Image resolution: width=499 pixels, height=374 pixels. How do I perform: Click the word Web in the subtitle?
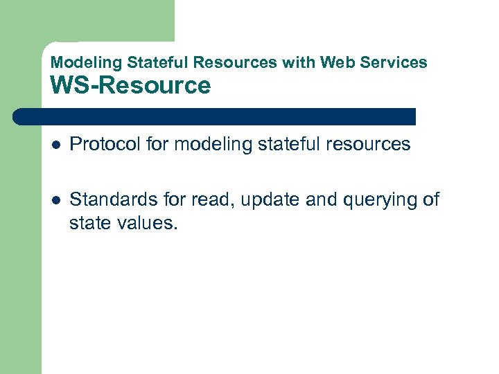(x=334, y=62)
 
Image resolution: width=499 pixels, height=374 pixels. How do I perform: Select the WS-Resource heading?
(x=130, y=86)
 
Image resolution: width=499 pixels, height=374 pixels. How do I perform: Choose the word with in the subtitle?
(x=297, y=62)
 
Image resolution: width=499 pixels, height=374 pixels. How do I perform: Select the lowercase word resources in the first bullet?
(x=368, y=144)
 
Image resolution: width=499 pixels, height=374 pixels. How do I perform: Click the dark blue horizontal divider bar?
(x=215, y=116)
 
